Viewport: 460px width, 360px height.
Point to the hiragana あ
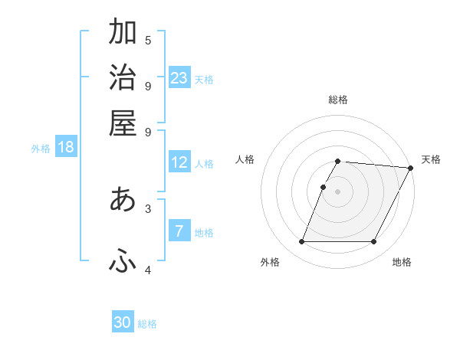pos(123,199)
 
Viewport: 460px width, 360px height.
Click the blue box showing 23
pos(179,77)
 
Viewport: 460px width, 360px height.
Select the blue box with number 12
pos(179,162)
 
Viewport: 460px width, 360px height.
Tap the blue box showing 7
pos(179,231)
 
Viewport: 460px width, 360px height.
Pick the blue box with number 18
pos(66,147)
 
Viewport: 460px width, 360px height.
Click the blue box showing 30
pos(123,322)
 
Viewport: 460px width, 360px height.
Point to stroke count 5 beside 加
pos(148,40)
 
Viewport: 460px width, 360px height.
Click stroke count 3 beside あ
pos(148,208)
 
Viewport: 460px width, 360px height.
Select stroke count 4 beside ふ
pos(148,270)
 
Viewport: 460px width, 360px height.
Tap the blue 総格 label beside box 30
pos(147,324)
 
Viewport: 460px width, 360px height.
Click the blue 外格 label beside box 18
pos(41,149)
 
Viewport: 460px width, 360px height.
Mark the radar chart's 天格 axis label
pos(431,159)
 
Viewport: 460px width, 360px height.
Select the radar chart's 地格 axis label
pos(402,262)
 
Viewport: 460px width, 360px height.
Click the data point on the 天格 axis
pos(410,168)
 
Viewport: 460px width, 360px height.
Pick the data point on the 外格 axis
pos(301,242)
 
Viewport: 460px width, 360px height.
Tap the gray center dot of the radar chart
pos(337,191)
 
